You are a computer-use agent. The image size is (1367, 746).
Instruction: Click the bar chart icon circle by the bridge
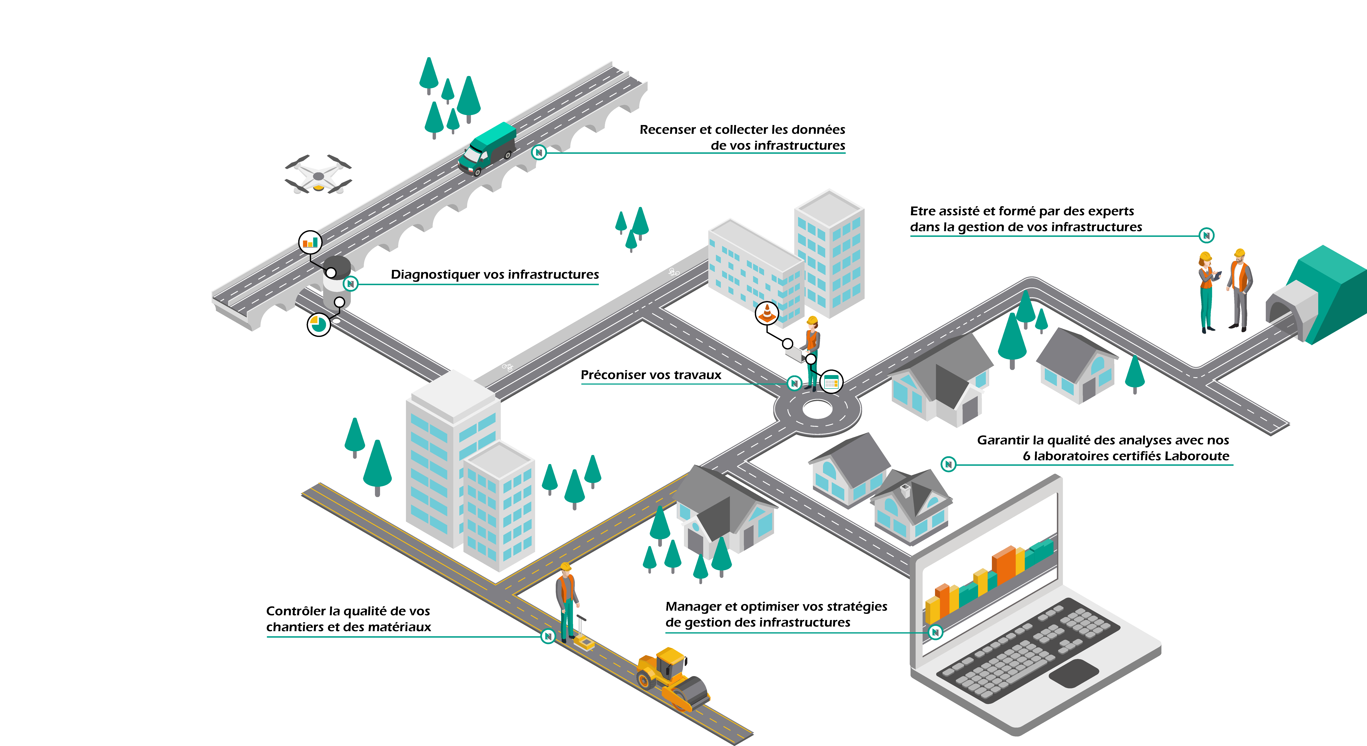coord(310,242)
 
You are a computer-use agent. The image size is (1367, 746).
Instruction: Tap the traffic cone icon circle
coord(767,313)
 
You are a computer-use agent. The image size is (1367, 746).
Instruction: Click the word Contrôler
coord(296,611)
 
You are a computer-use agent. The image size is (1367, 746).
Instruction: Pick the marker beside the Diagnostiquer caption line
coord(350,284)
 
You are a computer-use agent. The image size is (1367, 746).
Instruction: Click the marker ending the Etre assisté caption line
coord(1206,235)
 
